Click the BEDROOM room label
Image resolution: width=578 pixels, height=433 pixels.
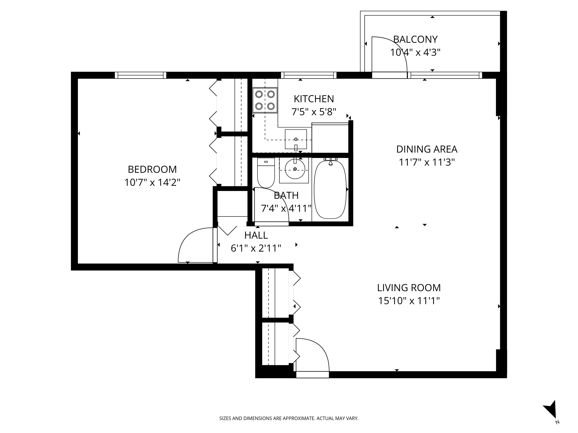point(152,169)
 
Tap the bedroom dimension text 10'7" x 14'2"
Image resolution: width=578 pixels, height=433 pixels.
point(152,182)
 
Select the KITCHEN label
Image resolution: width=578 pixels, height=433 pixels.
point(314,99)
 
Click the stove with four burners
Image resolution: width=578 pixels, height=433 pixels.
point(265,100)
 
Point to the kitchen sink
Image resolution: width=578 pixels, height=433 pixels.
point(296,139)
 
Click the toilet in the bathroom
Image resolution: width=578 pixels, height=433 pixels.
point(266,173)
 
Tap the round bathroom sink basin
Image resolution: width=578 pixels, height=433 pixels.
point(295,169)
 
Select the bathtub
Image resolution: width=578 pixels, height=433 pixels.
point(330,189)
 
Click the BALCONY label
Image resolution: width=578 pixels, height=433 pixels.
point(415,39)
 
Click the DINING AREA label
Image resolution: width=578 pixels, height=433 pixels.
point(427,149)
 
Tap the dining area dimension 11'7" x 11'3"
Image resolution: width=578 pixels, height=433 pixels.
point(427,162)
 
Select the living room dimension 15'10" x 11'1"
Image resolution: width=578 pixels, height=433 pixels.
point(409,301)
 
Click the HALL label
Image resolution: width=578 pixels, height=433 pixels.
point(256,235)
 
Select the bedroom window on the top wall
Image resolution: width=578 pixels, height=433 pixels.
point(141,75)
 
